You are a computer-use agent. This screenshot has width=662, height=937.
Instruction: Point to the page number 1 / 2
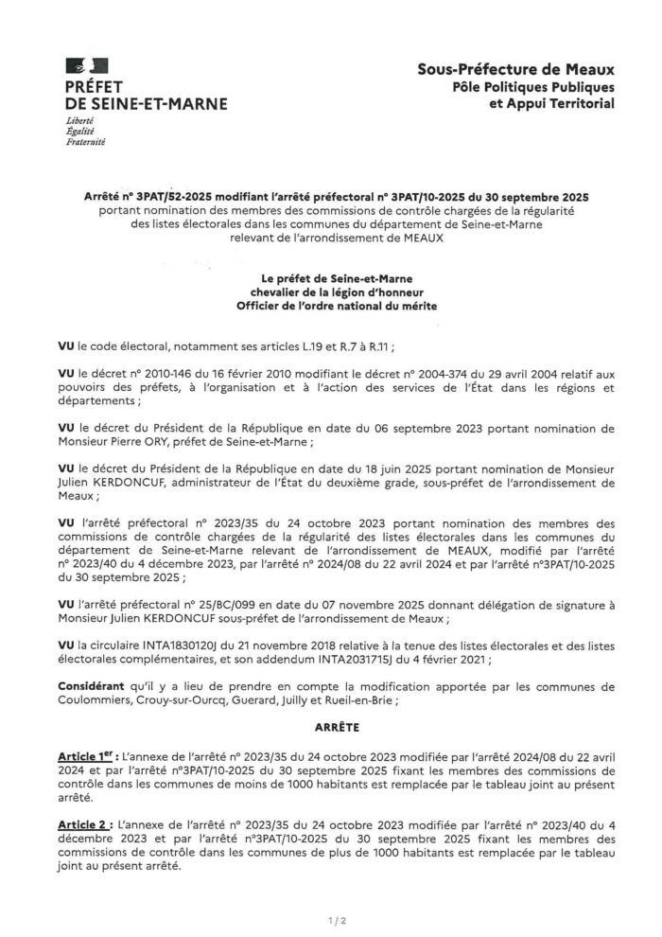331,917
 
